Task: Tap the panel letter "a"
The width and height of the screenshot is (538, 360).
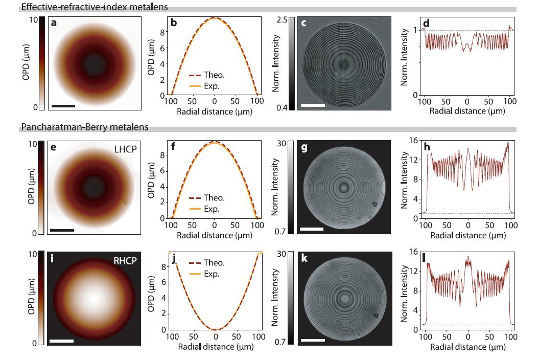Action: [x=53, y=23]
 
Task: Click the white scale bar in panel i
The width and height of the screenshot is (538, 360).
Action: [x=62, y=340]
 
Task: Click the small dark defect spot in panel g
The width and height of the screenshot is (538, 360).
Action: [x=375, y=205]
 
